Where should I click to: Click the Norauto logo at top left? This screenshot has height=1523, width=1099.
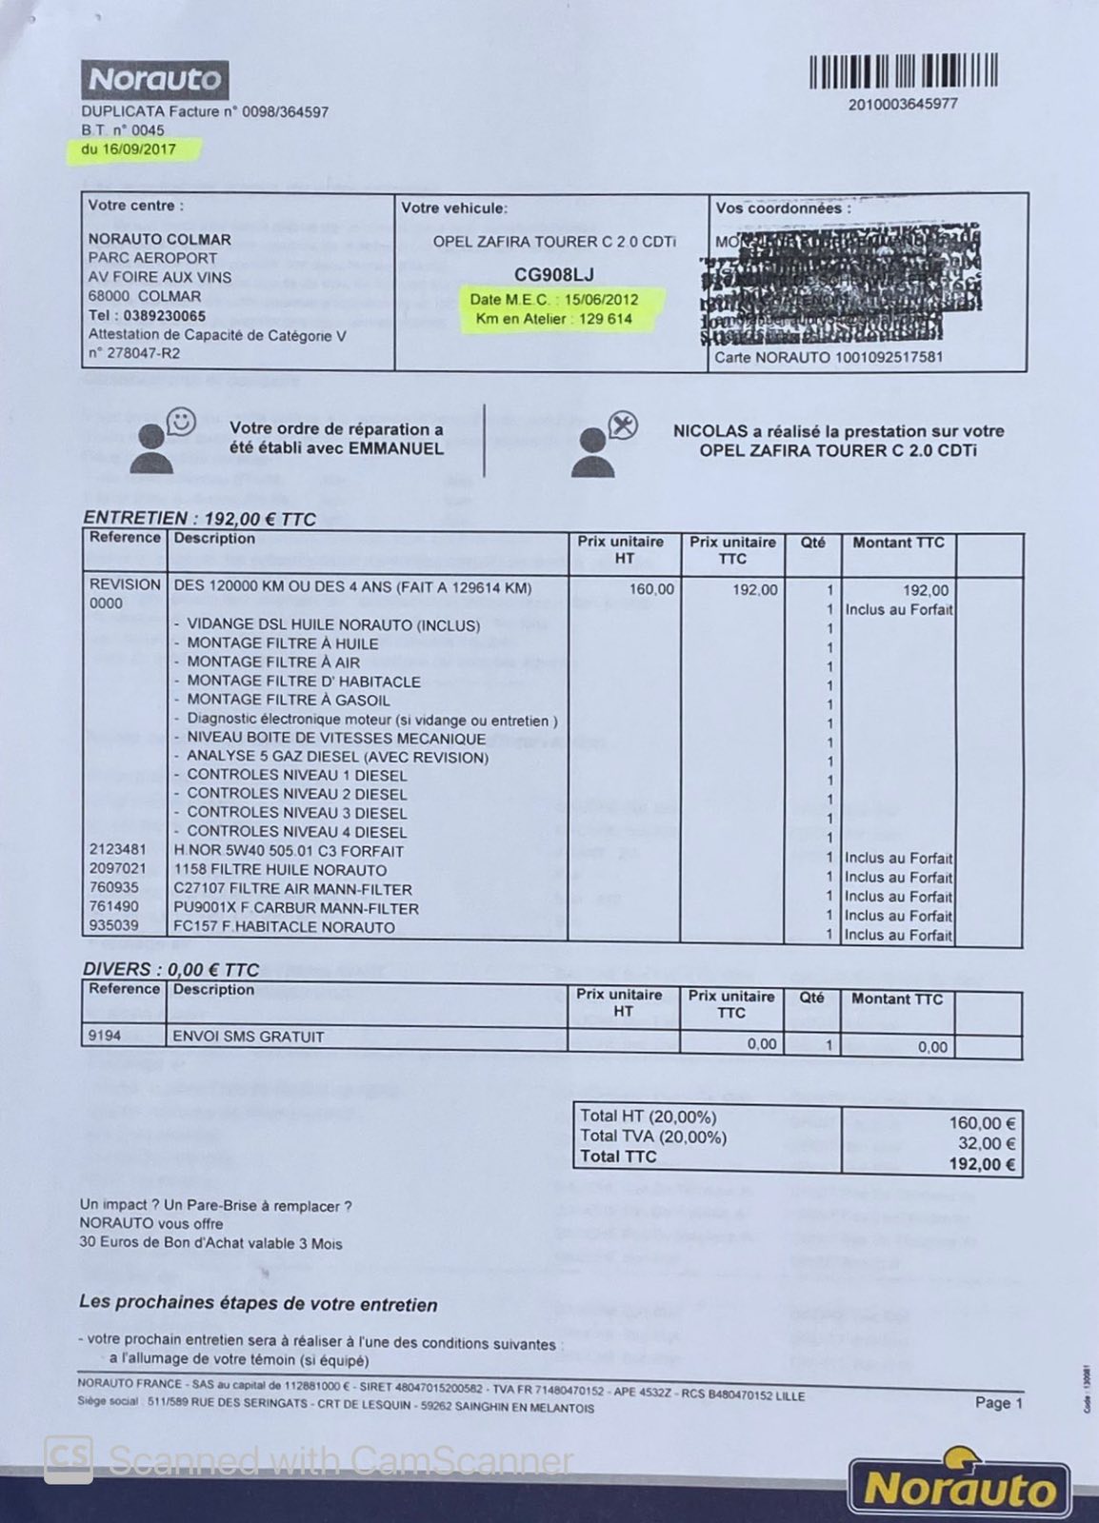154,80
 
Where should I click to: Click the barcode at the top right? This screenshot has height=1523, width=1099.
903,71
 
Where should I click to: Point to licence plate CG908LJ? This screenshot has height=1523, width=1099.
553,275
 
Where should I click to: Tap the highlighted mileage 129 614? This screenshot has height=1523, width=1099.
606,319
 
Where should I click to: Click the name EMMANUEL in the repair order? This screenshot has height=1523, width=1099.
401,448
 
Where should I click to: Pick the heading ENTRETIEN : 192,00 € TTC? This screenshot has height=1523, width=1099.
199,519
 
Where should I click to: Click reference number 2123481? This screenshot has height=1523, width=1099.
118,850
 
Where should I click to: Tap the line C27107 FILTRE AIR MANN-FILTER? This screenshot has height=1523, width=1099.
292,889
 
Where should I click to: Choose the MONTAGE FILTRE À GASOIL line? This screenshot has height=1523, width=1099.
288,700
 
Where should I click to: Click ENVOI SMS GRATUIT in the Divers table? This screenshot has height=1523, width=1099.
248,1037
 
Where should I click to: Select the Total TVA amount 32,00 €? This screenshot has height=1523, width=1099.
987,1143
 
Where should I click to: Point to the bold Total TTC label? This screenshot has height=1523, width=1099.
618,1157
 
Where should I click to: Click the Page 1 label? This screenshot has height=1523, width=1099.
998,1402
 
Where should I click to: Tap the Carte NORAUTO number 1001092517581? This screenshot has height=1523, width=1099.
889,357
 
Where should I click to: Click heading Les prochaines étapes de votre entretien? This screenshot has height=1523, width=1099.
258,1304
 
